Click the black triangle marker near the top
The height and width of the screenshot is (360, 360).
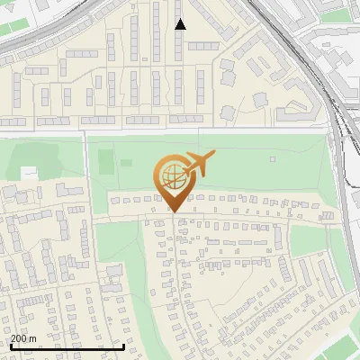click(x=180, y=24)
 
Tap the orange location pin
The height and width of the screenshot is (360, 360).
click(x=175, y=184)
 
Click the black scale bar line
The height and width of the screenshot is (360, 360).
click(x=67, y=346)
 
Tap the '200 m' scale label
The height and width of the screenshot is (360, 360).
click(x=23, y=338)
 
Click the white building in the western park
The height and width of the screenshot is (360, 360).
click(x=30, y=172)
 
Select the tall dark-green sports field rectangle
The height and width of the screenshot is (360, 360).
click(x=105, y=163)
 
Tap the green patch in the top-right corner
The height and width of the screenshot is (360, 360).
click(x=337, y=14)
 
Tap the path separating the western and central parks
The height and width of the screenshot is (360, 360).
click(x=87, y=171)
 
